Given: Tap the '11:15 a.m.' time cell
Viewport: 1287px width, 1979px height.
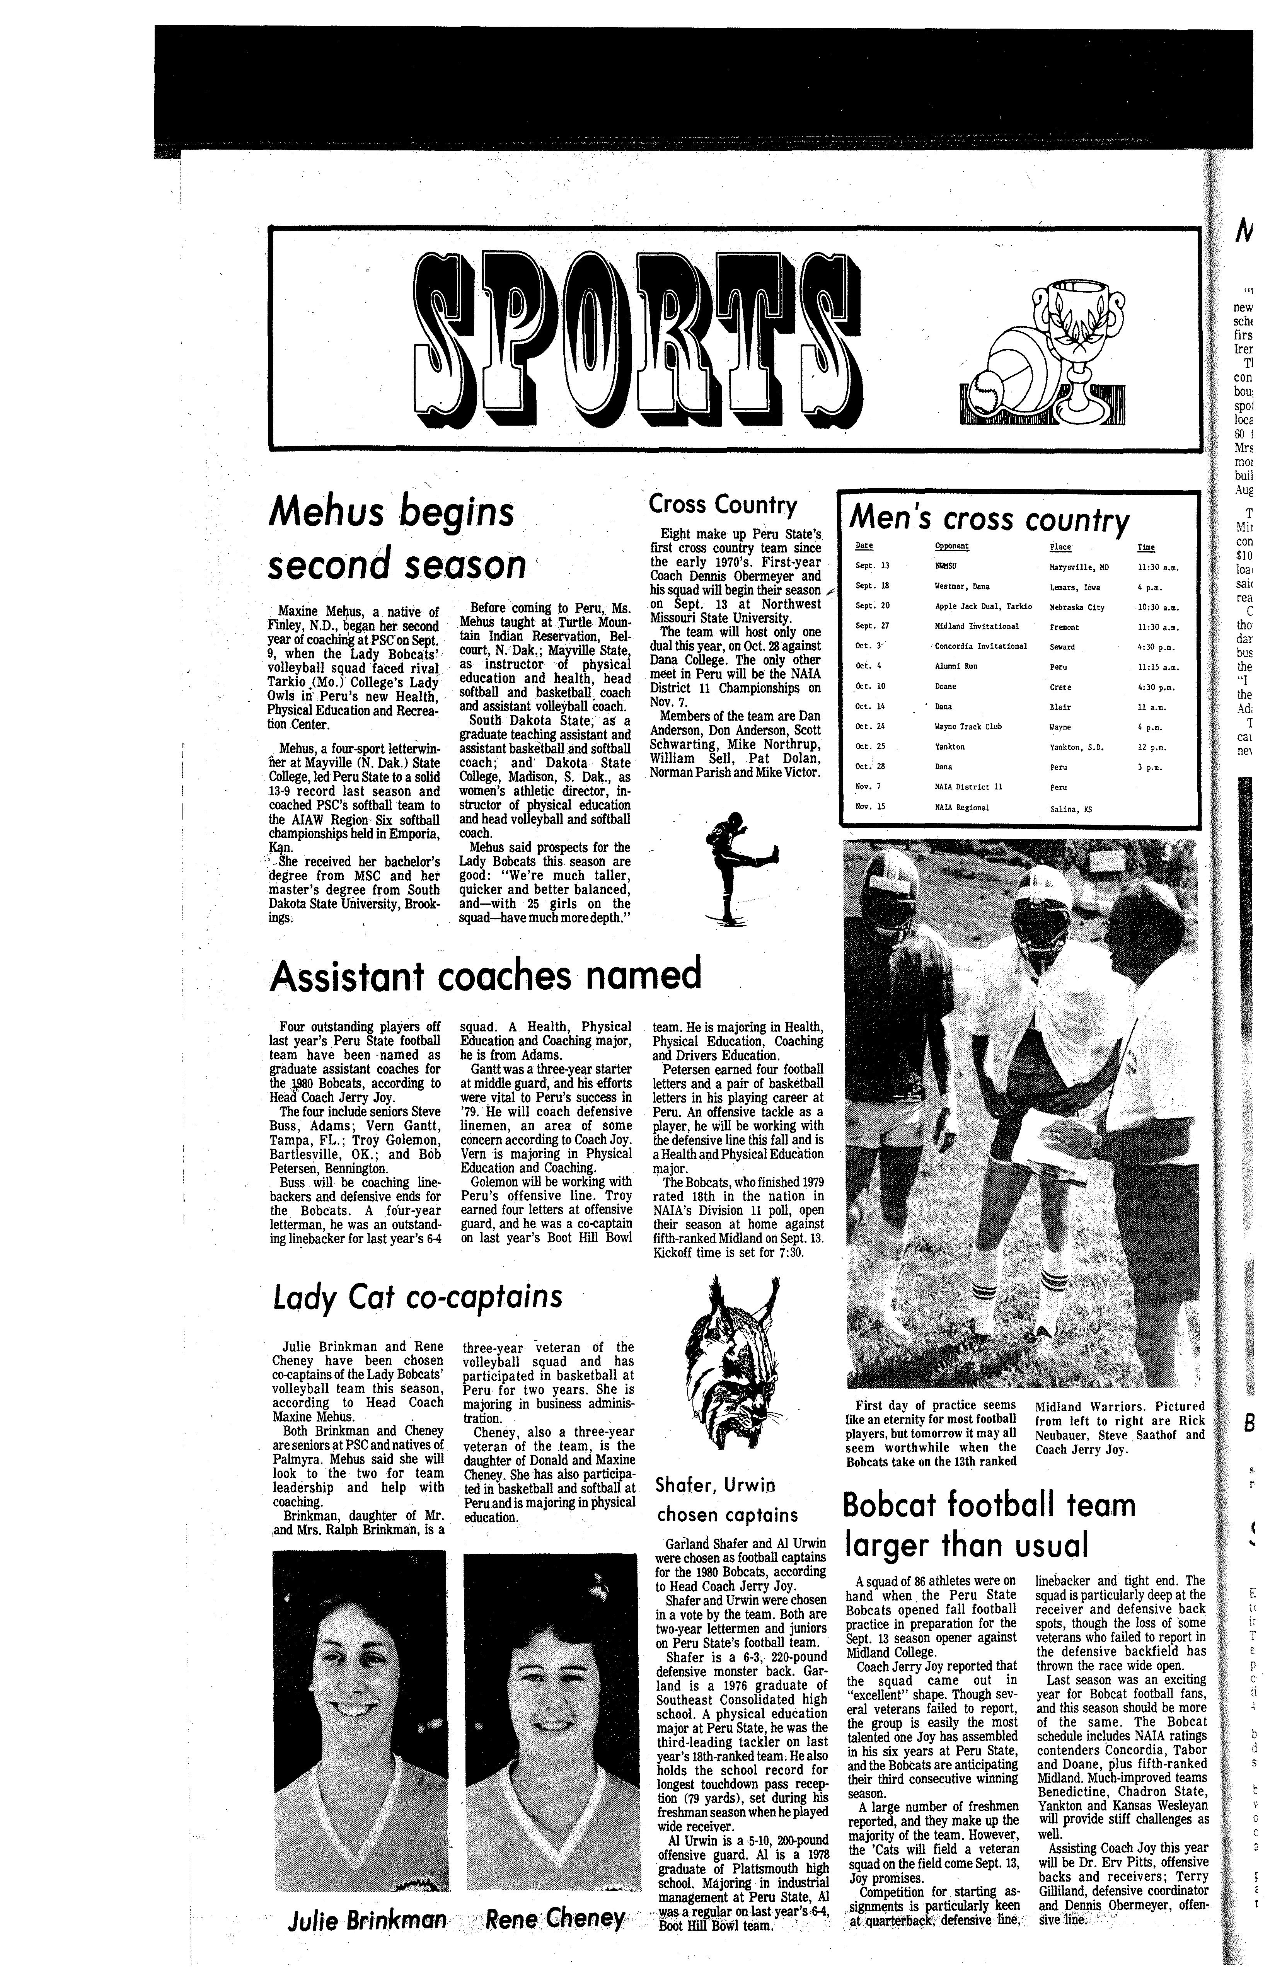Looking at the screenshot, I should pyautogui.click(x=1158, y=666).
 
